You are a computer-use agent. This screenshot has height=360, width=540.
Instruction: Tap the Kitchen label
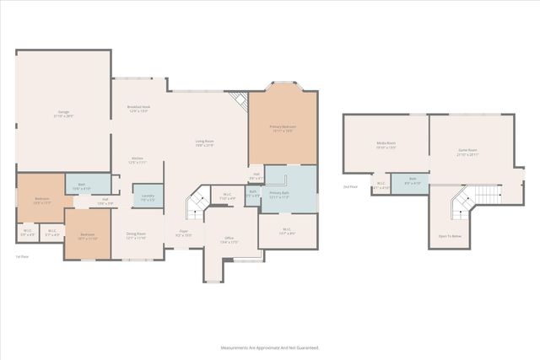coord(138,159)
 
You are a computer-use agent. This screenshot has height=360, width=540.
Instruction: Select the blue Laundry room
coord(148,196)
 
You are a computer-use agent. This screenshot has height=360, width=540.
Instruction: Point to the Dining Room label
coord(136,235)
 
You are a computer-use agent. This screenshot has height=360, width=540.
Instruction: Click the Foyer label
coord(183,233)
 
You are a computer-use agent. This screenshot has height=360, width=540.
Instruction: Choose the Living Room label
coord(204,142)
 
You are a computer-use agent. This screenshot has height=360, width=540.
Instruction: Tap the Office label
coord(228,240)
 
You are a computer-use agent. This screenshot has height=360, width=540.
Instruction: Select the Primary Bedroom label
coord(282,127)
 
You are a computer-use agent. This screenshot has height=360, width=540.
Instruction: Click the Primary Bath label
coord(280,195)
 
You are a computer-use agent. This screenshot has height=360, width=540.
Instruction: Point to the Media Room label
coord(386,145)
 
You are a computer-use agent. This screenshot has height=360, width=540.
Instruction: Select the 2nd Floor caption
coord(350,186)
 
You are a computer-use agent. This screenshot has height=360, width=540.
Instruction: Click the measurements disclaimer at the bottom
coord(270,347)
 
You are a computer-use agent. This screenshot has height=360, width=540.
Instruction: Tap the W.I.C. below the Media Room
coord(381,186)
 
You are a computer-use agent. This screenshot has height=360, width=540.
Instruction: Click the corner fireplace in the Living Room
coord(240,101)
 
